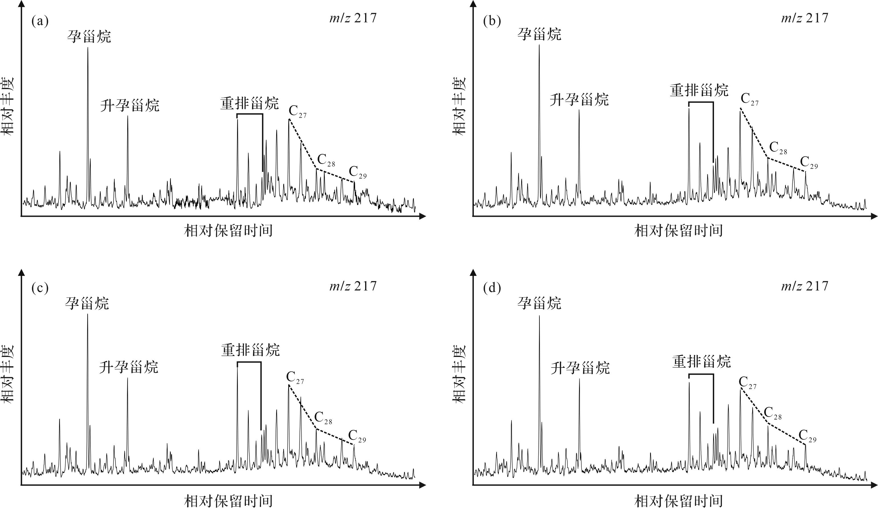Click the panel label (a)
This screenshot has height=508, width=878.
(40, 22)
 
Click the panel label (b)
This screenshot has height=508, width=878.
(491, 22)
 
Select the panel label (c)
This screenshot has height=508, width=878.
(40, 288)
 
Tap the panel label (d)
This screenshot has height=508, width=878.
(491, 288)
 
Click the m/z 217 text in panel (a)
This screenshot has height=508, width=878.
(353, 18)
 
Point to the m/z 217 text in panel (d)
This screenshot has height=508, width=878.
(804, 286)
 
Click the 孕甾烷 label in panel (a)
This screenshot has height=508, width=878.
(89, 36)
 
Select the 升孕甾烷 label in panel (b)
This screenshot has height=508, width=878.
(579, 100)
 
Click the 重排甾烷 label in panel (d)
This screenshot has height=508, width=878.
(701, 362)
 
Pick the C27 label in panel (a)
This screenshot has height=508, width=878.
(297, 112)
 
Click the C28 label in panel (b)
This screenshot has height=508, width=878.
(778, 148)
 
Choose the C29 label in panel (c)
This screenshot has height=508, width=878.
(357, 436)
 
